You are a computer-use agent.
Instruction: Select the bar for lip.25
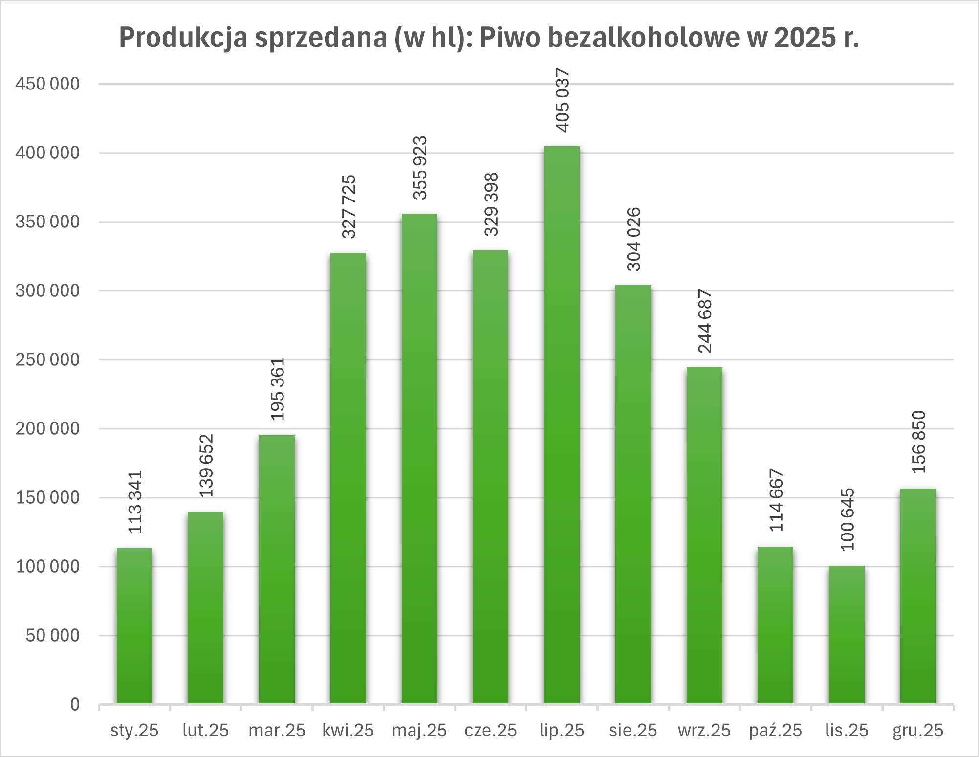[562, 425]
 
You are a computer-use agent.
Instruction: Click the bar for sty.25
[134, 626]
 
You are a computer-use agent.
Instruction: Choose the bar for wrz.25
[704, 535]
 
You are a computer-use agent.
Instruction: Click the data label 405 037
[563, 101]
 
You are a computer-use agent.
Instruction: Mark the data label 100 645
[848, 519]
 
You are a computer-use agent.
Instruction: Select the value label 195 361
[278, 389]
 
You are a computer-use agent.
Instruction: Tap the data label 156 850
[919, 442]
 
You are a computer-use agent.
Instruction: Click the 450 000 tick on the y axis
[47, 84]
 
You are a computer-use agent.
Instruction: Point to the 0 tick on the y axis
[75, 704]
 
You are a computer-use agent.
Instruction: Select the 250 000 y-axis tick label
[47, 359]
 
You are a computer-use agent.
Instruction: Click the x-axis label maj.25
[419, 730]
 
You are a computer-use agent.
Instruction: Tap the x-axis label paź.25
[776, 730]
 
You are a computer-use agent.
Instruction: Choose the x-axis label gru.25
[918, 730]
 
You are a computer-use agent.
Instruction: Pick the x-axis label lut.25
[205, 730]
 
